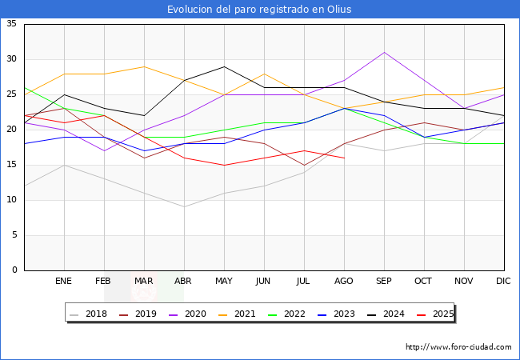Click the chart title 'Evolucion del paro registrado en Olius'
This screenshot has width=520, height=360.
pos(259,10)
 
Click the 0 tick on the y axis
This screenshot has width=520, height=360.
pos(14,270)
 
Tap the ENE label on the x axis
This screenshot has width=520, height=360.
pos(64,282)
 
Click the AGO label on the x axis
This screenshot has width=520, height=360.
pos(344,282)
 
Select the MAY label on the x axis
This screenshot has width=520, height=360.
pos(224,282)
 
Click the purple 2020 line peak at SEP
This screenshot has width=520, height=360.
pos(384,53)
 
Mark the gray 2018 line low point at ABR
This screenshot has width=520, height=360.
pos(184,207)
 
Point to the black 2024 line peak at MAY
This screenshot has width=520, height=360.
pos(224,66)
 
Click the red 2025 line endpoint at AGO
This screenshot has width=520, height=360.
pos(344,158)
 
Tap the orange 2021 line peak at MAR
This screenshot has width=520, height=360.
pos(144,66)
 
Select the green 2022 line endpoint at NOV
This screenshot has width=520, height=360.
pos(464,144)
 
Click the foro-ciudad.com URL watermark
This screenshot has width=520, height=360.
pos(458,347)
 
